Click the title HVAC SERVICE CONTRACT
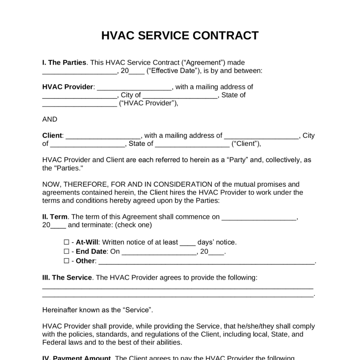point(180,36)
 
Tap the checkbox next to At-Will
point(66,242)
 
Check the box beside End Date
point(66,251)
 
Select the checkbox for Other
point(66,261)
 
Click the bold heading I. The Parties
point(64,63)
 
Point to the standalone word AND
point(50,119)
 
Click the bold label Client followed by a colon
point(52,136)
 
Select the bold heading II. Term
point(54,217)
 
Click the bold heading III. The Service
point(67,278)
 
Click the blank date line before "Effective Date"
point(79,72)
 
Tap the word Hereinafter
point(60,310)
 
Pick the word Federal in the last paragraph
point(54,342)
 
